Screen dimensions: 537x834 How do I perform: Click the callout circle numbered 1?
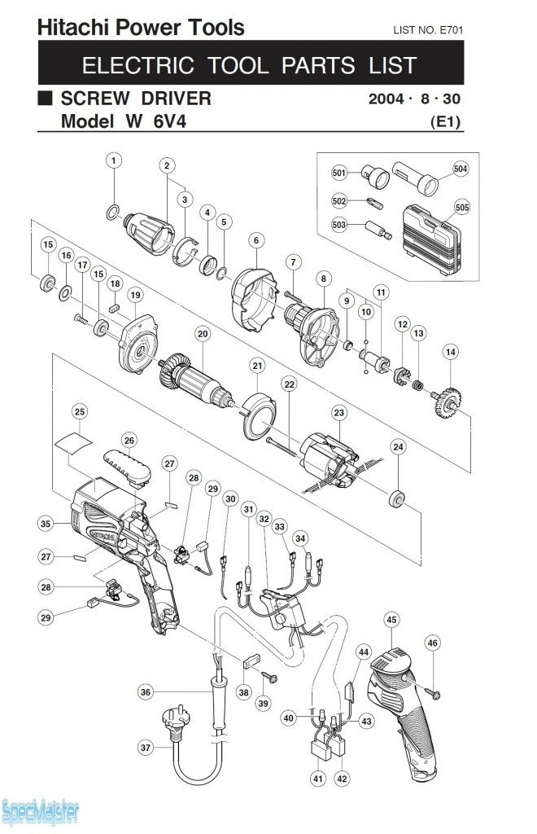pos(113,160)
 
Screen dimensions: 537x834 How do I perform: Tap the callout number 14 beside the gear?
pos(451,352)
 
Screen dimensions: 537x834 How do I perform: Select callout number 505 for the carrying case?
pos(462,207)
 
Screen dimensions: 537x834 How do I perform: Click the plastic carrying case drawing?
pos(430,239)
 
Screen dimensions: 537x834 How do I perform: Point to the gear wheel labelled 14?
pos(445,402)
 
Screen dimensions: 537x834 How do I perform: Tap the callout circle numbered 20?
pos(203,333)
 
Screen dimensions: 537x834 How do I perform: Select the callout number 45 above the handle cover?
pos(391,620)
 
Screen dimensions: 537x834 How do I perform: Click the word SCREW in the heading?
pos(95,99)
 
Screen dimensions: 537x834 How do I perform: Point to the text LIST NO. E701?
pos(428,30)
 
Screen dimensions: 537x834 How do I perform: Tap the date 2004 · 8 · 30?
pos(414,99)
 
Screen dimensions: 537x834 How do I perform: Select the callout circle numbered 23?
pos(338,412)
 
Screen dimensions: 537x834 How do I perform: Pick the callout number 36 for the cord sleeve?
pos(146,692)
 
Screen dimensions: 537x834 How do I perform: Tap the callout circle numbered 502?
pos(338,200)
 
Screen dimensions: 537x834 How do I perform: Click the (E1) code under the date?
pos(446,122)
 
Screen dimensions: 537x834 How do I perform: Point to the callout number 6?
pos(256,240)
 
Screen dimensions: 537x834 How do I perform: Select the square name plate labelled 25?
pos(74,442)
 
